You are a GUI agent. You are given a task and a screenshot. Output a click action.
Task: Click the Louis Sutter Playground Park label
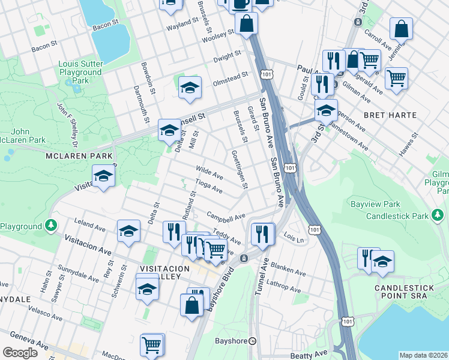point(82,72)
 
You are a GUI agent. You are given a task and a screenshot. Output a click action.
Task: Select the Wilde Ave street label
point(209,173)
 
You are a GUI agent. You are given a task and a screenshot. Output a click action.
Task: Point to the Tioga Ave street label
point(209,187)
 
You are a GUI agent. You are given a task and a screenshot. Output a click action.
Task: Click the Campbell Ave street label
point(226,215)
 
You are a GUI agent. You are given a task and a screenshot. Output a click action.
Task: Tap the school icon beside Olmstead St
point(190,88)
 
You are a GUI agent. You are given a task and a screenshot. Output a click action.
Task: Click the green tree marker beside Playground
point(51,226)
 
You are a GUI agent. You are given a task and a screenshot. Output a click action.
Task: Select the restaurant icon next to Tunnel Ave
point(262,233)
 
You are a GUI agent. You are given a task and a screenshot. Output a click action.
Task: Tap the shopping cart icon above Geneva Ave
point(151,345)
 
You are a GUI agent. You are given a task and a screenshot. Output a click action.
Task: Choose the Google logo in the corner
point(20,353)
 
